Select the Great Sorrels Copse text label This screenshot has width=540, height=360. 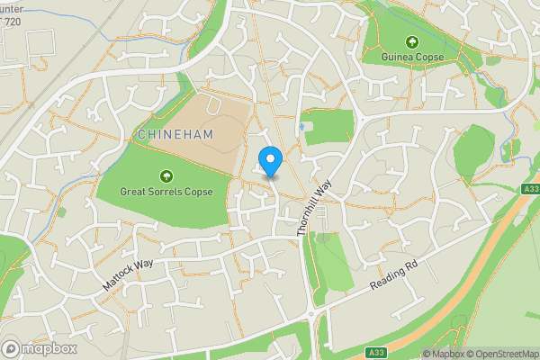(166, 191)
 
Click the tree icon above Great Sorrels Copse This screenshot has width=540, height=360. (166, 176)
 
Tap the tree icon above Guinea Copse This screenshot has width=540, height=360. (412, 41)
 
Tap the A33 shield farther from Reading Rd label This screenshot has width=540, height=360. (530, 188)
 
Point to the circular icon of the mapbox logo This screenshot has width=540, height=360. (12, 348)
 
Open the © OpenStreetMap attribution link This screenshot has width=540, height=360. (495, 354)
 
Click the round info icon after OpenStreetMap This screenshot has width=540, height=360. (534, 354)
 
